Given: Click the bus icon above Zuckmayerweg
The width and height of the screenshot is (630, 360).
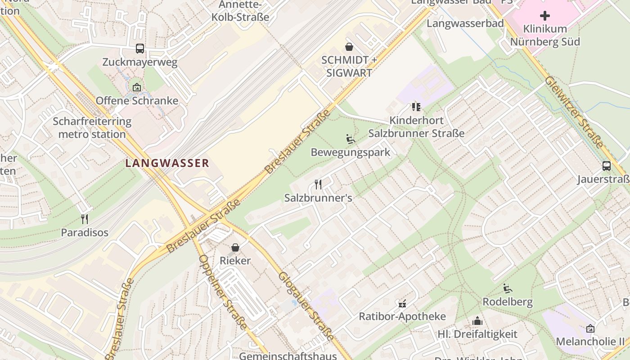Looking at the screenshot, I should pos(140,49).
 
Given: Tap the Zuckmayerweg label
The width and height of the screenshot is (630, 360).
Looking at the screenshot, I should pos(140,62).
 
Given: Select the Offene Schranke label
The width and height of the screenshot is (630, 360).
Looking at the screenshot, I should pos(137,100).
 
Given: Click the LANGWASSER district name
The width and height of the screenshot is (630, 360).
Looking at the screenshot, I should pos(167,163).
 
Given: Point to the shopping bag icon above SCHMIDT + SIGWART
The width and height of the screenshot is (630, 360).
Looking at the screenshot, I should pos(349,47).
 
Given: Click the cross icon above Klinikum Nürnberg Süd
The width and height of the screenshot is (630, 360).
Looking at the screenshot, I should pos(545,16).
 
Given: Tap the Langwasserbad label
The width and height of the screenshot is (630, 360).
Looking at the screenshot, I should pos(465,23).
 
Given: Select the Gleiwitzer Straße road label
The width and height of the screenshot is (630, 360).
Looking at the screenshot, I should pos(573,112).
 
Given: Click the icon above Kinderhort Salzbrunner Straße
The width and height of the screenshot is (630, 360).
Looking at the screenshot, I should pos(416,107).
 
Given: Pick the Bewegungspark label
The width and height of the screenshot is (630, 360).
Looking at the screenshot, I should pos(351,152).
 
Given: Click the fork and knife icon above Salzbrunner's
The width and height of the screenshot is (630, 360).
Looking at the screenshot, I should pos(318,184).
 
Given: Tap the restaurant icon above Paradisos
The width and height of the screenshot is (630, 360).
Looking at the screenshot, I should pos(85,219).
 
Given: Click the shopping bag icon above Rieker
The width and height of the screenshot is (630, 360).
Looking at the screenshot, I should pos(235,247).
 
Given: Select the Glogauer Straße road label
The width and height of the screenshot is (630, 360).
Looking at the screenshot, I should pos(306,306).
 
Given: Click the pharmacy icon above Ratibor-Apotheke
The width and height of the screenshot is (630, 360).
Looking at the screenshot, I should pos(402,303).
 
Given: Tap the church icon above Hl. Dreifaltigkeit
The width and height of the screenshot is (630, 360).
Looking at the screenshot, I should pos(477,321).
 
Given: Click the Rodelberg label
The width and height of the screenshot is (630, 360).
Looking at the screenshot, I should pos(508,301).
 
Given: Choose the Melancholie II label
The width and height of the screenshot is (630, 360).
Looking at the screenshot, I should pos(590,342).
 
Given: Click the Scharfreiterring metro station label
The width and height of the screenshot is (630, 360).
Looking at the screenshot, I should pos(92,128).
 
